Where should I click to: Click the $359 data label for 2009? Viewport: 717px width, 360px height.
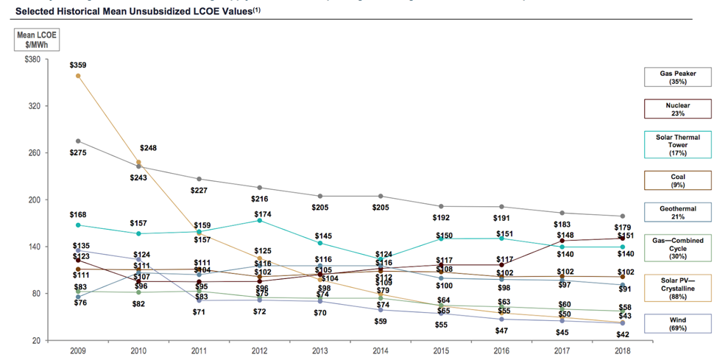click(x=77, y=66)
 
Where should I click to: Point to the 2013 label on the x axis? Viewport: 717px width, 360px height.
click(x=319, y=350)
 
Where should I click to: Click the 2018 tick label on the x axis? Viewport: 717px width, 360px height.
click(x=623, y=350)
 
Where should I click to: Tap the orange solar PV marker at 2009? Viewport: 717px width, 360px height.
click(x=78, y=76)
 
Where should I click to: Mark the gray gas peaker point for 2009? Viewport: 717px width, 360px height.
click(x=78, y=141)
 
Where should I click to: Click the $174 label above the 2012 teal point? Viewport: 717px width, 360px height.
click(x=258, y=211)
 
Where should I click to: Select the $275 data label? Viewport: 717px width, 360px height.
click(x=77, y=152)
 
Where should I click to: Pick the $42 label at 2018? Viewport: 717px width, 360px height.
click(x=623, y=334)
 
